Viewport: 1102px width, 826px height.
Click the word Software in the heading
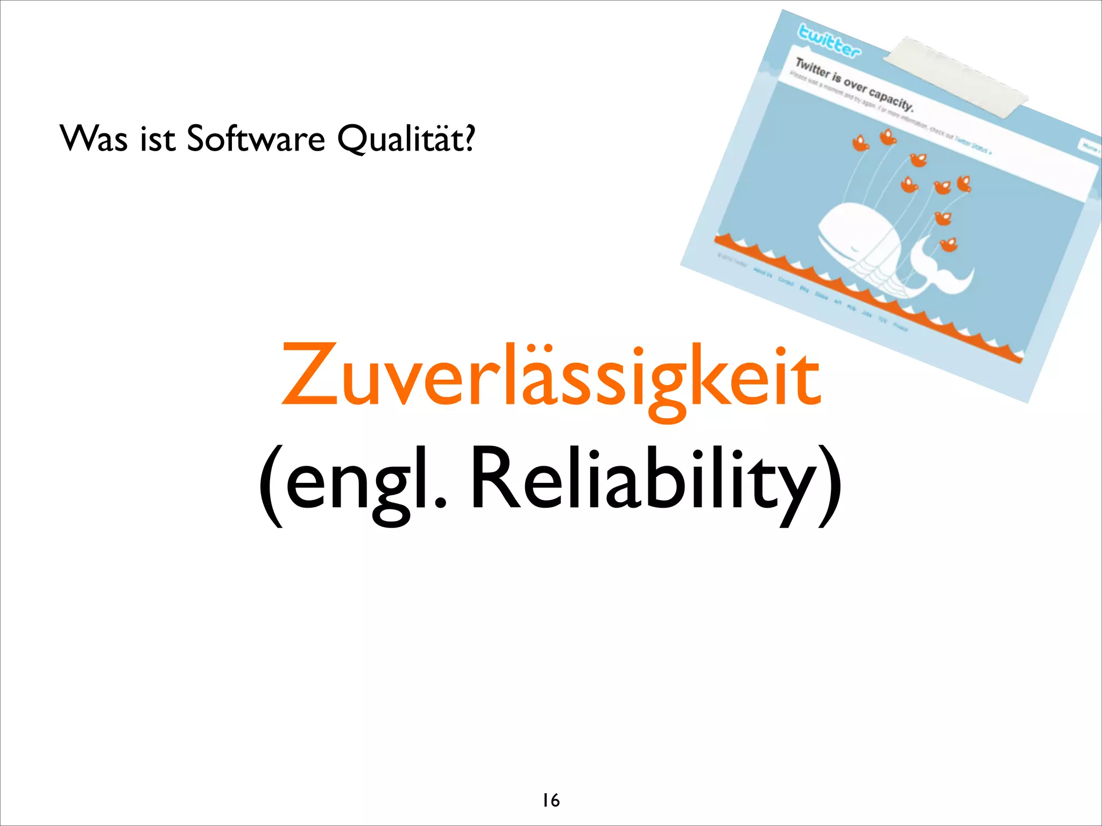[x=256, y=139]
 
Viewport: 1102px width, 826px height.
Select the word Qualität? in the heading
[x=406, y=139]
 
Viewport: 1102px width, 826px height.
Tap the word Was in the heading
[x=94, y=139]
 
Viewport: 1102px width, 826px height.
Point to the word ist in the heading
[x=158, y=139]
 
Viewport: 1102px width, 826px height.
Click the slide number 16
[x=550, y=800]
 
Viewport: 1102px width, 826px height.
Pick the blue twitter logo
[x=829, y=40]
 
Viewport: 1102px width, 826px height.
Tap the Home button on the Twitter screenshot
[x=1090, y=146]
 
